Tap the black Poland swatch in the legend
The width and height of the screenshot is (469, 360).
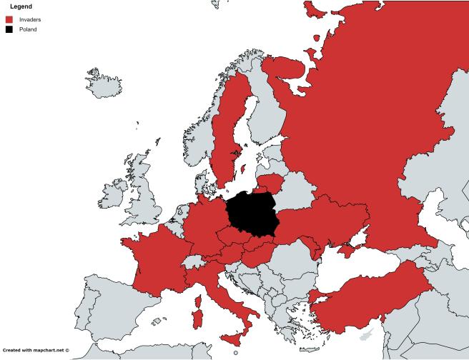click(9, 29)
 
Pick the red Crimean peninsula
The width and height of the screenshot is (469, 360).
click(347, 250)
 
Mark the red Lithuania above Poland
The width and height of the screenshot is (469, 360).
click(270, 183)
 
